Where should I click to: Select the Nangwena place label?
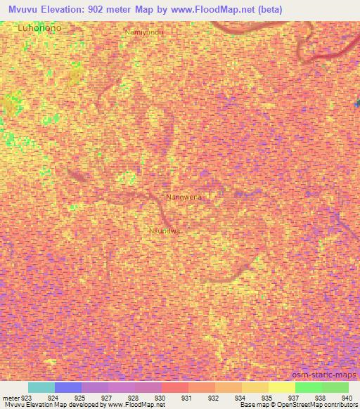point(183,197)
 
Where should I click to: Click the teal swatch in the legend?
point(41,387)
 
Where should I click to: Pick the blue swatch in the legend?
point(68,387)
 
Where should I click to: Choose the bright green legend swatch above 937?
point(309,387)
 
